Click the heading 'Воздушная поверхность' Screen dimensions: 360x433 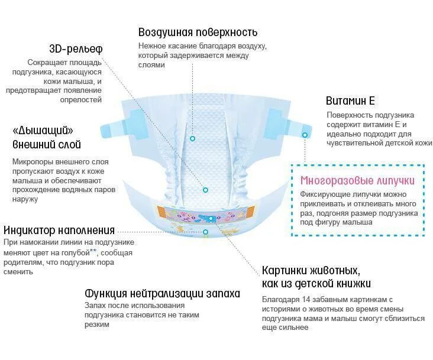pos(198,33)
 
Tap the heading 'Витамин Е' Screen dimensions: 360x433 pos(350,101)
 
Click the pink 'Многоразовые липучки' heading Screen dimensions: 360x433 pos(357,181)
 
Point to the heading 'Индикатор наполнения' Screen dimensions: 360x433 pos(59,231)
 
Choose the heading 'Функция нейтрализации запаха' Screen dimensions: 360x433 pos(163,293)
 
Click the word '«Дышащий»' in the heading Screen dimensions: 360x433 pos(43,131)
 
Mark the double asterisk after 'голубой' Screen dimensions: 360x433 pos(93,251)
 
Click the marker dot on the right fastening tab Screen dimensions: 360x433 pos(305,135)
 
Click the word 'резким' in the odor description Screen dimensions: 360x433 pos(98,325)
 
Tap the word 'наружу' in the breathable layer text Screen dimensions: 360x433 pos(24,199)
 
